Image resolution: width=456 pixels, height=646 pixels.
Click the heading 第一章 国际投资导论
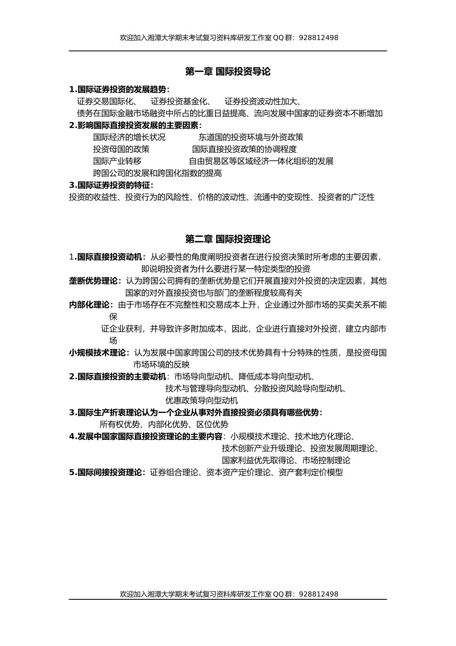(x=228, y=72)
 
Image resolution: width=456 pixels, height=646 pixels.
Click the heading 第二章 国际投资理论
(x=228, y=239)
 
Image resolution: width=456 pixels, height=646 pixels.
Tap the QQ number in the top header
(x=318, y=37)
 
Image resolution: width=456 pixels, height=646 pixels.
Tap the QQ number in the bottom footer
(x=318, y=594)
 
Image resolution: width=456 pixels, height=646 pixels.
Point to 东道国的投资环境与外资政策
(x=251, y=137)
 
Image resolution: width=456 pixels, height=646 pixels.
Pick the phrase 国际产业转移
(x=117, y=161)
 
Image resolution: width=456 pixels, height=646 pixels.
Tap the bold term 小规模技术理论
(x=97, y=353)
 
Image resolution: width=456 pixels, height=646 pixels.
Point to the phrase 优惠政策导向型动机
(x=202, y=400)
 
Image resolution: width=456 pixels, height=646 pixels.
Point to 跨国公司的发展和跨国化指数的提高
(x=157, y=174)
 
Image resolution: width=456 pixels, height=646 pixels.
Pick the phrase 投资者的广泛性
(x=347, y=197)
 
